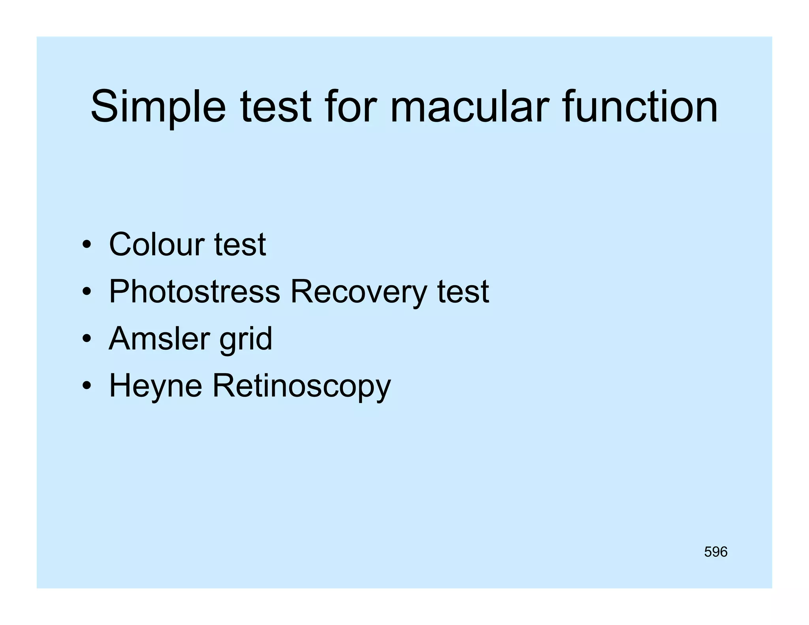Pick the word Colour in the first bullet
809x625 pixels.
coord(156,244)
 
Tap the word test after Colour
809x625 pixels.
coord(240,244)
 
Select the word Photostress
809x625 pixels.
coord(194,292)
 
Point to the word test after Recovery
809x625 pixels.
coord(463,292)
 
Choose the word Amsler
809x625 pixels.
coord(159,339)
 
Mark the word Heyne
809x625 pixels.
coord(155,386)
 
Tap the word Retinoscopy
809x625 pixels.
coord(301,386)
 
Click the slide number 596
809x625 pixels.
coord(715,552)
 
